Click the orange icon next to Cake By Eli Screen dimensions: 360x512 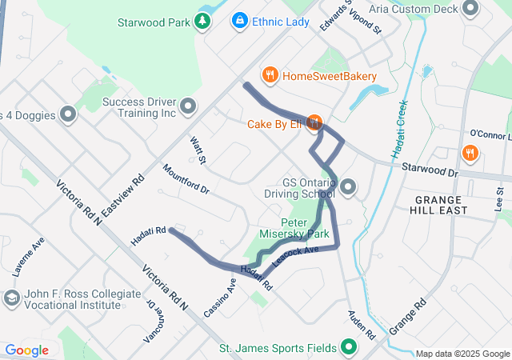point(314,123)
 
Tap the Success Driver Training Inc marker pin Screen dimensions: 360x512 point(189,106)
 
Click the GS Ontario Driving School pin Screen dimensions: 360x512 point(347,189)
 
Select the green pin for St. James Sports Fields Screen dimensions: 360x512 point(349,348)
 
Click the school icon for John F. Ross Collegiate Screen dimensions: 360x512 point(11,298)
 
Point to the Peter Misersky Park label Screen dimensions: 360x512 point(305,229)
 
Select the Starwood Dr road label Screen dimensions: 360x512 point(430,172)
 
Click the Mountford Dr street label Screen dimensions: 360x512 point(186,179)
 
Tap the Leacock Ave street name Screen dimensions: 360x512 point(295,255)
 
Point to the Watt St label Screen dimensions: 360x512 point(198,150)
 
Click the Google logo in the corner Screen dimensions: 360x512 point(27,350)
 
